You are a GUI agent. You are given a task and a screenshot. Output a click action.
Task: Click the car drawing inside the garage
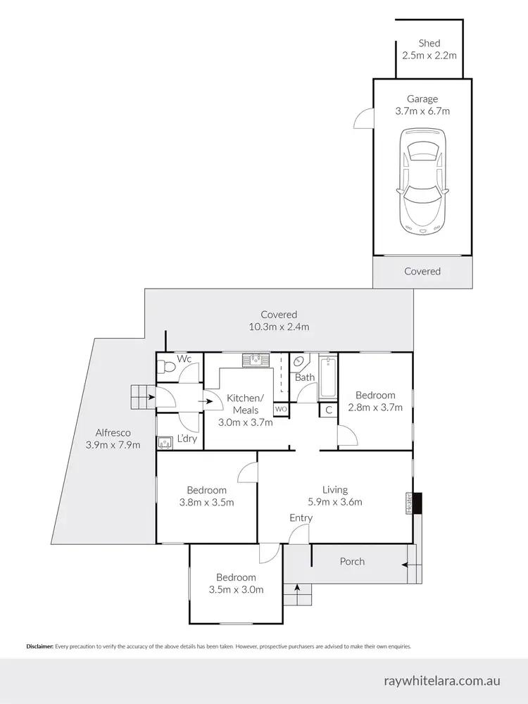(422, 181)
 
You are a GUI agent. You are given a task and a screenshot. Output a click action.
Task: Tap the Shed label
(429, 44)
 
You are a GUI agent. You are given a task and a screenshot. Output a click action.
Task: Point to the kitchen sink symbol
(256, 360)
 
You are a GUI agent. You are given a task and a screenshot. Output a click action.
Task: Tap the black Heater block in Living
(417, 503)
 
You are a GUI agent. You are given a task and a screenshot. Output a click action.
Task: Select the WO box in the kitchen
(281, 408)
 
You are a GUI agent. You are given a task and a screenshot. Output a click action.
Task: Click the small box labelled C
(328, 410)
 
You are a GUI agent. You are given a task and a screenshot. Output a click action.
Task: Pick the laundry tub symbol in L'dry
(165, 443)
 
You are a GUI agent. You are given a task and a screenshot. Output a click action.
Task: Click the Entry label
(301, 518)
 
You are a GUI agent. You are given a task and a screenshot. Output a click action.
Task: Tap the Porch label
(352, 561)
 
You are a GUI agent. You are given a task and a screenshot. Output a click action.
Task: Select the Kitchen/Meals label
(242, 404)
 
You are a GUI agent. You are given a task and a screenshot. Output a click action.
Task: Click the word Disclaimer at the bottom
(40, 646)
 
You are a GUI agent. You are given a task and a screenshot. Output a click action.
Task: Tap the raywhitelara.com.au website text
(442, 681)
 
